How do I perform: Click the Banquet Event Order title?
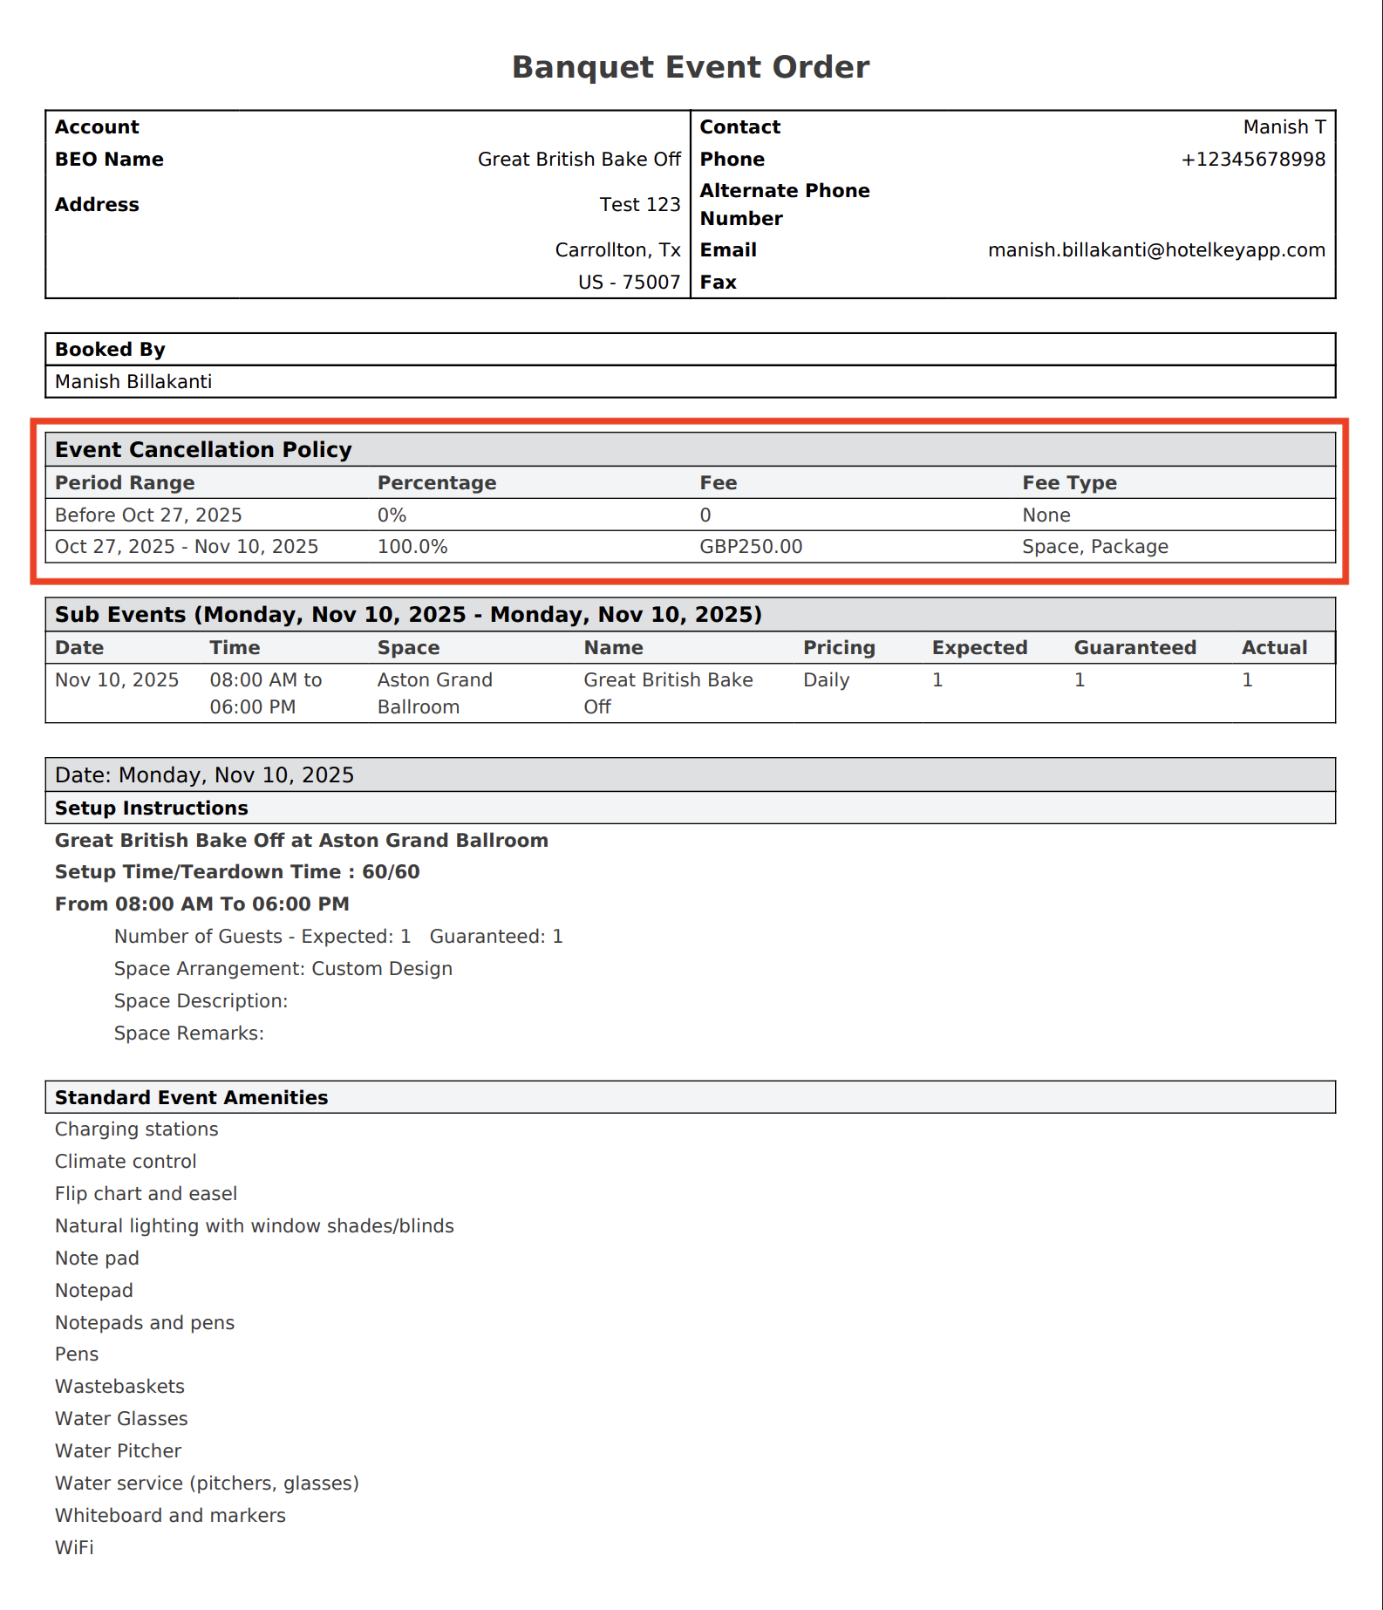691,67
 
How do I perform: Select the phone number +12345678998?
1252,160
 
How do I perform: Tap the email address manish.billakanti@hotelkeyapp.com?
1156,250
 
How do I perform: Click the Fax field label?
718,283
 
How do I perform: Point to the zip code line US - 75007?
629,283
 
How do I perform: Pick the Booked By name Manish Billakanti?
133,382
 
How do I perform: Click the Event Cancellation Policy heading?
203,450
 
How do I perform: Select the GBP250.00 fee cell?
751,547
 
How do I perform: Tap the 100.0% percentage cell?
412,547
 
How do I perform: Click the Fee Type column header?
1069,483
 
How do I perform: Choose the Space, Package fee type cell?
1095,547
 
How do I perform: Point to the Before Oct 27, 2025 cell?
148,515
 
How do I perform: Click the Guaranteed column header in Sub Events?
1134,648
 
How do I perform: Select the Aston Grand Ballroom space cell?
435,693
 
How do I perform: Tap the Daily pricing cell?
826,680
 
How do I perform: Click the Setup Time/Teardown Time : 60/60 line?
237,872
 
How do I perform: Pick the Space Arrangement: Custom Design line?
283,969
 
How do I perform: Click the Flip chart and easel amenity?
146,1194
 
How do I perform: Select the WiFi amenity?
74,1548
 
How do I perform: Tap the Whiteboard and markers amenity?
170,1516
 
